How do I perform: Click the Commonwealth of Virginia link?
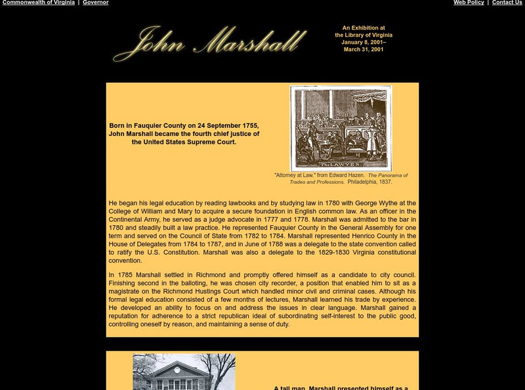39,3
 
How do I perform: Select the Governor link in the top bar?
95,3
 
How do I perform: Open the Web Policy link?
469,3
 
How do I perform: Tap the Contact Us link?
507,3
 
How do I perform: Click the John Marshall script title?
210,43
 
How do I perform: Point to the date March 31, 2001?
364,49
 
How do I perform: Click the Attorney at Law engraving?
341,128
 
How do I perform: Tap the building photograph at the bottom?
184,372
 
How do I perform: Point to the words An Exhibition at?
364,28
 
